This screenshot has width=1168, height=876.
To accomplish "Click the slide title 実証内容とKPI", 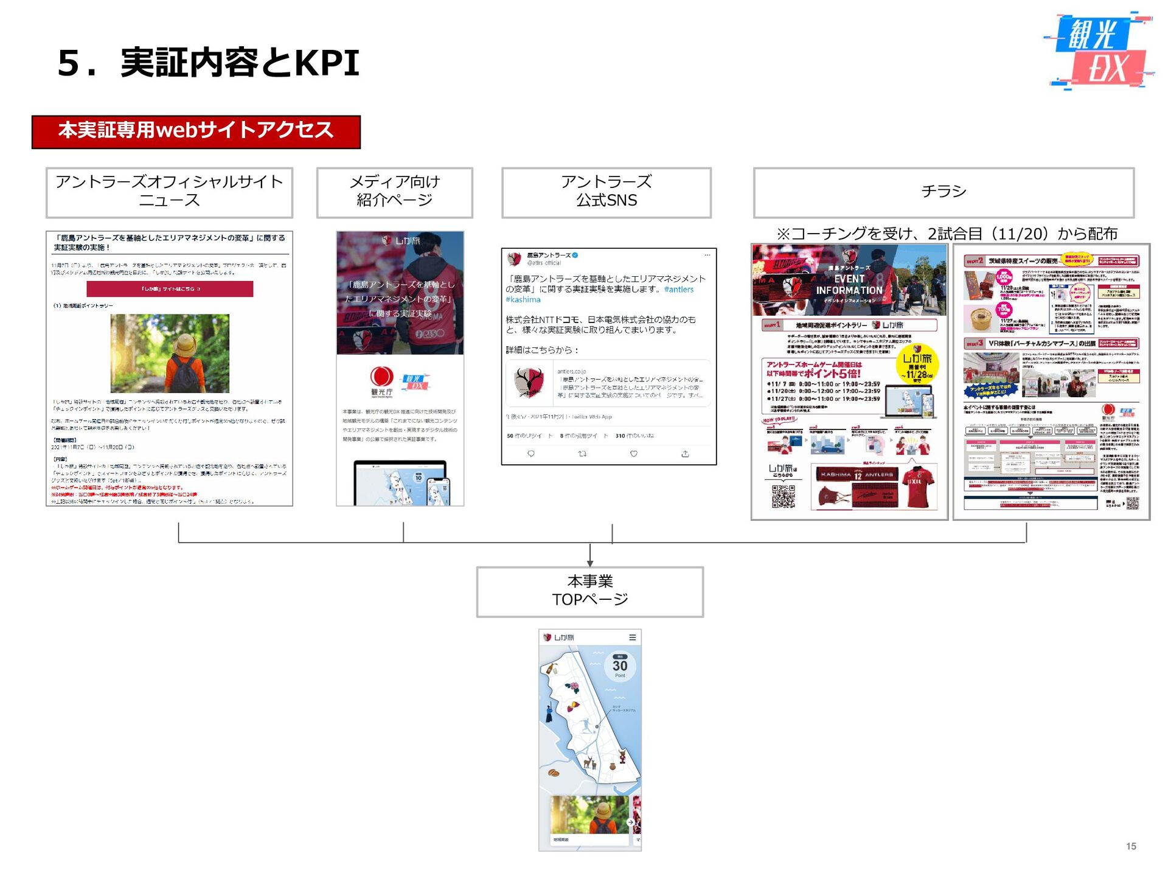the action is (x=208, y=63).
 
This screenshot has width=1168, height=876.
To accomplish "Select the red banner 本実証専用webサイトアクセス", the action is (x=196, y=131).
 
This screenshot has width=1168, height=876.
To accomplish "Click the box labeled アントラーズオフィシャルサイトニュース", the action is (x=169, y=192).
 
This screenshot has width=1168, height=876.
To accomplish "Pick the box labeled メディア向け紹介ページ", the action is (x=394, y=192).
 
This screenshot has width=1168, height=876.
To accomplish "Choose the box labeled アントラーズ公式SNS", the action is (x=606, y=192).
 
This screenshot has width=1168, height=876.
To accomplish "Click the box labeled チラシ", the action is (x=944, y=192).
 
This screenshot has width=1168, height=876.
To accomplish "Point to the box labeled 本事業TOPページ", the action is (x=589, y=591).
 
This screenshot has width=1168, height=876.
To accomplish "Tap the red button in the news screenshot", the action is (x=170, y=289).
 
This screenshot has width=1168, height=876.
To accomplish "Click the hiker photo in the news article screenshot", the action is (x=170, y=353).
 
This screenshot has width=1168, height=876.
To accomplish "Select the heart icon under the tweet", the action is (x=633, y=454).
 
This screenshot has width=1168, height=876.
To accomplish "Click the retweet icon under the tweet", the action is (x=582, y=454).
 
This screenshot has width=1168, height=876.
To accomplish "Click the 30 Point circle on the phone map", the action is (x=620, y=666).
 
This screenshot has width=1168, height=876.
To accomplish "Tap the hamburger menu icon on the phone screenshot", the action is (x=633, y=638).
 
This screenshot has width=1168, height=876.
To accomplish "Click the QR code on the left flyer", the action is (x=783, y=496).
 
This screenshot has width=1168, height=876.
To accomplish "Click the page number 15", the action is (x=1131, y=846).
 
